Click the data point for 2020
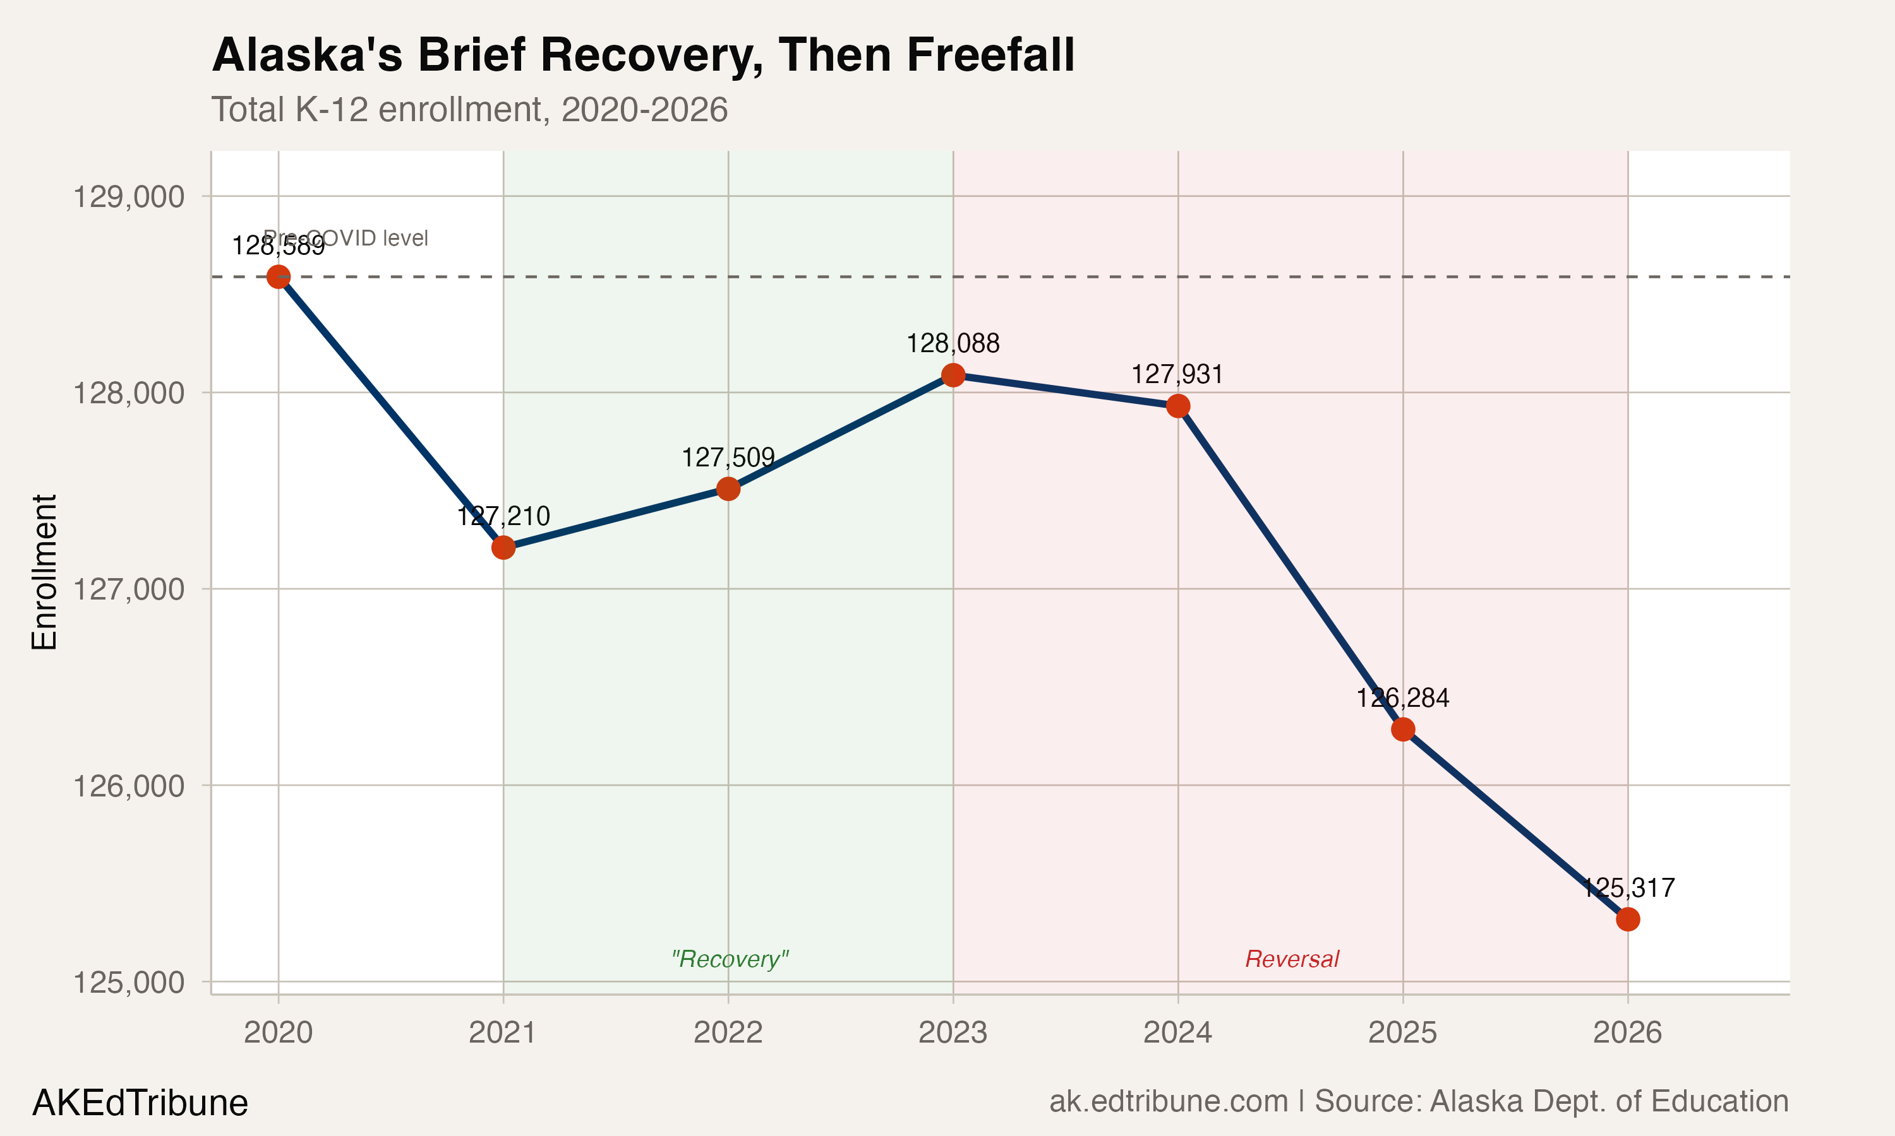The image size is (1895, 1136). [x=278, y=277]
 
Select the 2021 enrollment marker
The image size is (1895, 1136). [x=503, y=547]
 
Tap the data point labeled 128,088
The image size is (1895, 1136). [x=953, y=375]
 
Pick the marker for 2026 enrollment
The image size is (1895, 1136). [x=1628, y=919]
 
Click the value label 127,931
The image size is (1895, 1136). [x=1177, y=374]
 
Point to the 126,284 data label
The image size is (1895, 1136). [x=1402, y=698]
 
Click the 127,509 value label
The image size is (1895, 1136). [x=728, y=458]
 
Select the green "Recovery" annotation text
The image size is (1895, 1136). [x=729, y=959]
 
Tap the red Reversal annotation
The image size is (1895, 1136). [x=1292, y=959]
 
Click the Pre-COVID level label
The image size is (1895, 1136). [x=346, y=238]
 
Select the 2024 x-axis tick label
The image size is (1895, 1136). [x=1177, y=1032]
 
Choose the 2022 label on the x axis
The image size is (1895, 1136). [x=728, y=1032]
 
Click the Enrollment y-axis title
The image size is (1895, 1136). [x=44, y=572]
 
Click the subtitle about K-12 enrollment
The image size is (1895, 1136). [x=469, y=109]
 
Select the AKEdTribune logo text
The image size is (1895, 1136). [x=140, y=1103]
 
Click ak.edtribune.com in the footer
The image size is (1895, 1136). [x=1168, y=1101]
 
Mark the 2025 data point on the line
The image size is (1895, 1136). [x=1402, y=730]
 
